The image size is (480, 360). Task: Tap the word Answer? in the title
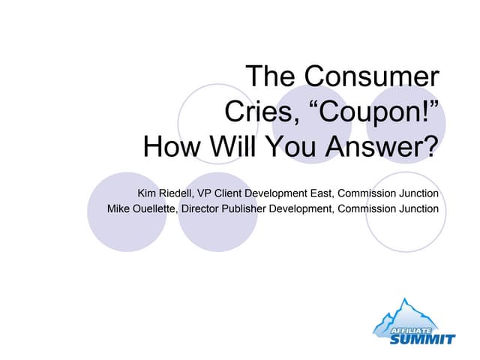click(x=380, y=145)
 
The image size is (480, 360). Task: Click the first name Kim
click(x=148, y=193)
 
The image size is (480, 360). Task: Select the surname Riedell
click(x=180, y=193)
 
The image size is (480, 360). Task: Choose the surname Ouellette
click(x=157, y=208)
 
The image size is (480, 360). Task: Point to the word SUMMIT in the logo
click(x=421, y=338)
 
